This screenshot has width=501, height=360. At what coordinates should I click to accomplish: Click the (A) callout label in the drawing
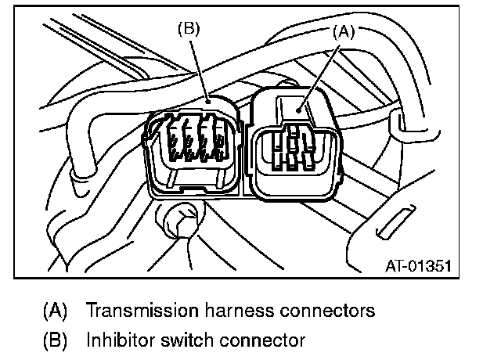342,32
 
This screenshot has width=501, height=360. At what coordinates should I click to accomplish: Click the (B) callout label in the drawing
189,30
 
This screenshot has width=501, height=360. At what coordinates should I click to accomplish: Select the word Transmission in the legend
139,311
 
